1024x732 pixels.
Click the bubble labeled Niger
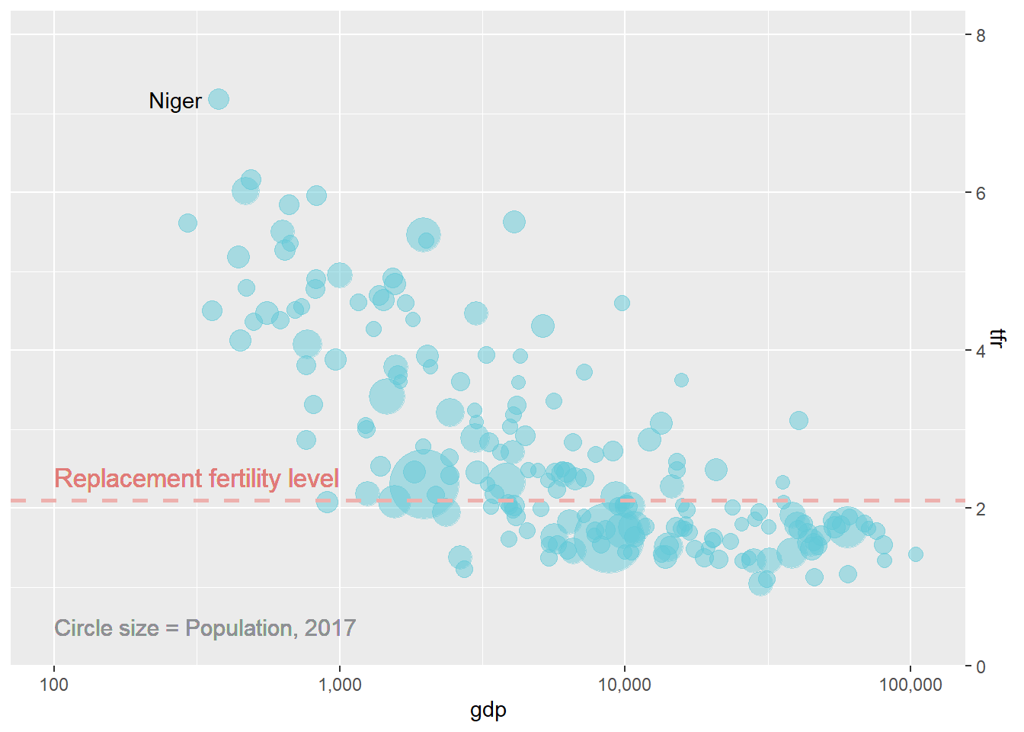point(219,99)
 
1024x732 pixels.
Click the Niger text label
point(175,101)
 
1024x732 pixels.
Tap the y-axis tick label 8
point(981,36)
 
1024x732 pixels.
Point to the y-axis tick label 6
point(981,194)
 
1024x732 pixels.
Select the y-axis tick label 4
point(981,352)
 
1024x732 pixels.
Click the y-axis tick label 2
point(981,509)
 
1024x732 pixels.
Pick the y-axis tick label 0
point(981,667)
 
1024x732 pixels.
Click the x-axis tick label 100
point(53,685)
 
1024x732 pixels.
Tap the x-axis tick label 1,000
point(339,685)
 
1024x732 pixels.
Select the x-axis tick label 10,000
point(625,685)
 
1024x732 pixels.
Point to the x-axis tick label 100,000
point(910,685)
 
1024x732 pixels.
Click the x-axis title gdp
point(488,711)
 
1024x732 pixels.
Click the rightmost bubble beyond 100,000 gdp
point(916,554)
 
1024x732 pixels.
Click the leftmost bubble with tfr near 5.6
point(187,223)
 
